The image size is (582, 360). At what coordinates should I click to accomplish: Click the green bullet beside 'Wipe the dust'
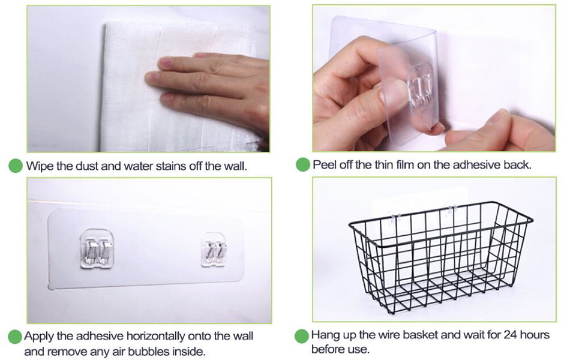point(16,166)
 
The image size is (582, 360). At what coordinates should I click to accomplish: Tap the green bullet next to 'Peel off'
point(303,165)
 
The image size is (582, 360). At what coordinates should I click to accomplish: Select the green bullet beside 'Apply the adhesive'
point(15,337)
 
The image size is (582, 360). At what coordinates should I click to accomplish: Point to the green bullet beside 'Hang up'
point(302,335)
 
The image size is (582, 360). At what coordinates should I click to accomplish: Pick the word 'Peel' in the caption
point(323,164)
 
